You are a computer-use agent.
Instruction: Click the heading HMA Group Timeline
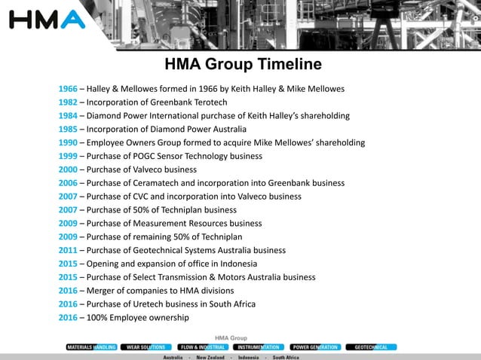click(243, 64)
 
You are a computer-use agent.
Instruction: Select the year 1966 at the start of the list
click(68, 89)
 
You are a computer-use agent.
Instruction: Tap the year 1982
click(68, 102)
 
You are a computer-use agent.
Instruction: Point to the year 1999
click(68, 156)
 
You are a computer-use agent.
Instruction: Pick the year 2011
click(68, 250)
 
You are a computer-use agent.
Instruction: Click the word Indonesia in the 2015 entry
click(237, 264)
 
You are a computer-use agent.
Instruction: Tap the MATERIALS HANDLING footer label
click(91, 347)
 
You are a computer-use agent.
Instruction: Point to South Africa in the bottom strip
click(286, 357)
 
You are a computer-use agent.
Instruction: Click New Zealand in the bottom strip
click(212, 357)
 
